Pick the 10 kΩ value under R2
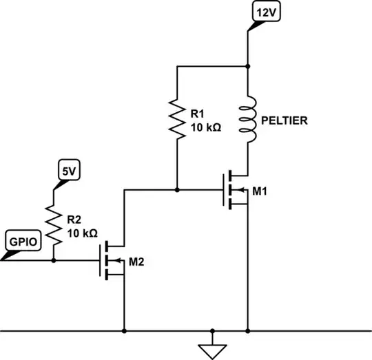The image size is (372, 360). coord(83,235)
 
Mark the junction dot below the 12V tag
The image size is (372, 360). coord(247,66)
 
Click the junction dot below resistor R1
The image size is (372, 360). coord(177,189)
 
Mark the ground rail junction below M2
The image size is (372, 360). coord(124,329)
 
